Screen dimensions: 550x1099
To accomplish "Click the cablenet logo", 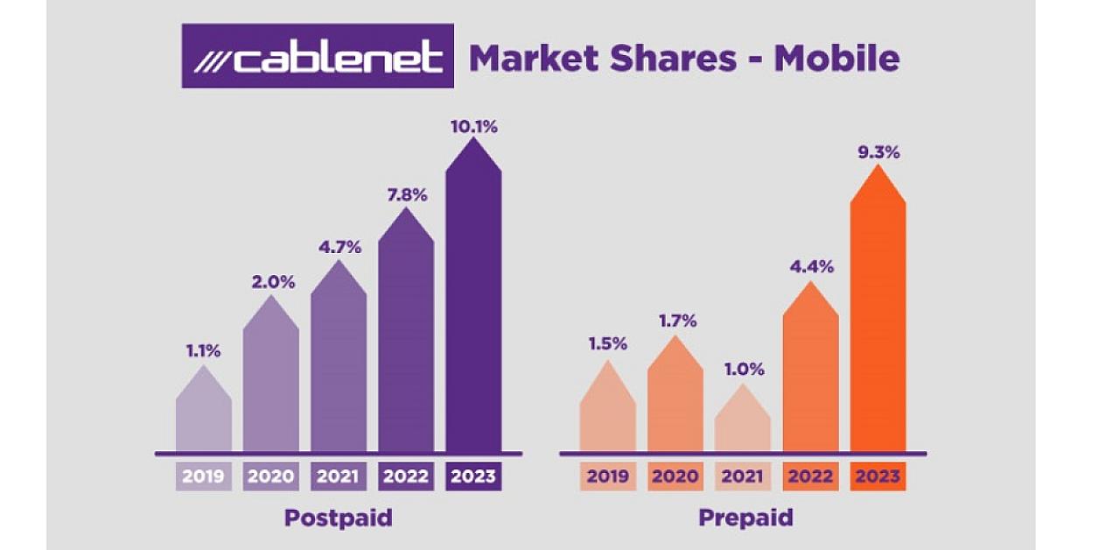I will [318, 56].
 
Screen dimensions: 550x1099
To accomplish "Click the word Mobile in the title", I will [836, 58].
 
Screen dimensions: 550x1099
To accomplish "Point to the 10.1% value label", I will [473, 126].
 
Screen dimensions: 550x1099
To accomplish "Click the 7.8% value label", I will [406, 194].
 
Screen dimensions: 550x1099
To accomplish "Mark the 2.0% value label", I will [271, 282].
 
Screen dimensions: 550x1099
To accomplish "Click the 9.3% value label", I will [878, 152].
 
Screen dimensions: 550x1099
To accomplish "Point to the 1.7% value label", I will [675, 321].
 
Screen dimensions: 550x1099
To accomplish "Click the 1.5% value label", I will [607, 344].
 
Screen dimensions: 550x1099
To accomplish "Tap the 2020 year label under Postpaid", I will [271, 477].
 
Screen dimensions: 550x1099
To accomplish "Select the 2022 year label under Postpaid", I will [406, 477].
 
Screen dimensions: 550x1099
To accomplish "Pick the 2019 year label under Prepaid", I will [607, 477].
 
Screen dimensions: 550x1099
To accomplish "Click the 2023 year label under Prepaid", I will [878, 477].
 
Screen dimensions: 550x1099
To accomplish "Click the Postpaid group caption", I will [338, 518].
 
